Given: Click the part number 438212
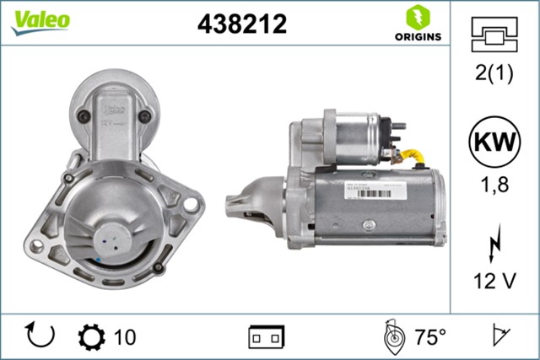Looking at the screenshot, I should (x=241, y=24).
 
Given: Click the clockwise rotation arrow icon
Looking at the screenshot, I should (x=40, y=336).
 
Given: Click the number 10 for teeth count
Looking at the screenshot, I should (x=124, y=337).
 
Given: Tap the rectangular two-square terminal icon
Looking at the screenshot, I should (x=266, y=337).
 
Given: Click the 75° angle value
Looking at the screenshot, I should (x=429, y=337).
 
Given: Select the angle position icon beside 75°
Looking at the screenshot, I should (x=393, y=336).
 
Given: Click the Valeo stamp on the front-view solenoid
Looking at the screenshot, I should (x=113, y=109).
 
